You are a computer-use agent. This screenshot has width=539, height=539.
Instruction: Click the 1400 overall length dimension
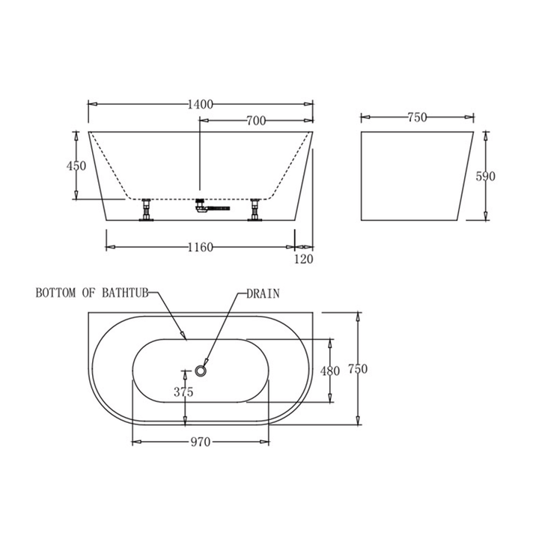[201, 103]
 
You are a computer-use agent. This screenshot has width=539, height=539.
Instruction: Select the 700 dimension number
[256, 121]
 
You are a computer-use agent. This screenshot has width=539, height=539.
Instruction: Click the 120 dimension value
[305, 259]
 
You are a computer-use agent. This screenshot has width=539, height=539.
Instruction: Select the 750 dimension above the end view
[417, 117]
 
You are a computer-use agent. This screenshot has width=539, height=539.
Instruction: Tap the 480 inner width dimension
[330, 371]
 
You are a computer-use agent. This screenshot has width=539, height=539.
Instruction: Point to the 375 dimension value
[183, 392]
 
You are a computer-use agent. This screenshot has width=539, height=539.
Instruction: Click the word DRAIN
[264, 294]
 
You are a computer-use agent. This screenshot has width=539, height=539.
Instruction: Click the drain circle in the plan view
[201, 370]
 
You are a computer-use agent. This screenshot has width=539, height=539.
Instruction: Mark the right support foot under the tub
[255, 210]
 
